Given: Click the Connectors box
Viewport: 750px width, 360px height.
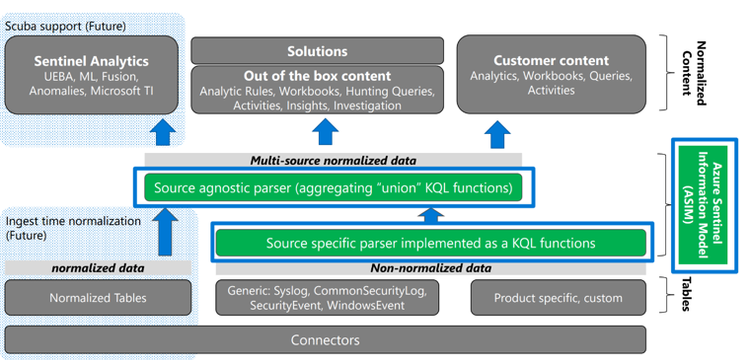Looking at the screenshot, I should pyautogui.click(x=325, y=340).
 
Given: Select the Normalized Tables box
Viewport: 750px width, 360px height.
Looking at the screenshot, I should pyautogui.click(x=97, y=298).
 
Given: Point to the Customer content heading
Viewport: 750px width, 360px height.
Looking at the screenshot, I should pyautogui.click(x=554, y=58).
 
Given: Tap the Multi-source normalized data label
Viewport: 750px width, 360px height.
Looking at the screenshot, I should pyautogui.click(x=332, y=160).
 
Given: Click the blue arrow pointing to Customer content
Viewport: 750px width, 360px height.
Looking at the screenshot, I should pyautogui.click(x=496, y=134).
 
